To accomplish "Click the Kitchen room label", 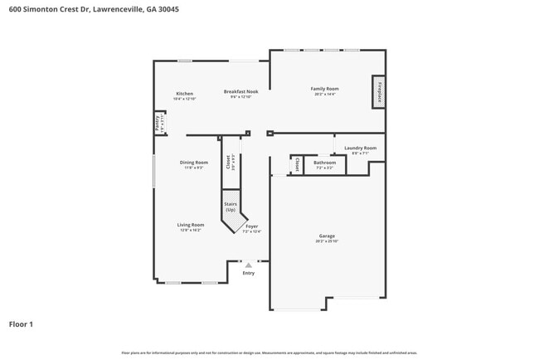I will (x=184, y=94).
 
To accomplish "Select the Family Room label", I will (x=324, y=89).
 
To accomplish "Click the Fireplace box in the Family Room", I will (x=379, y=91).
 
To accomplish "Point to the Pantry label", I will (x=158, y=122).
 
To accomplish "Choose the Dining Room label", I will (x=194, y=163).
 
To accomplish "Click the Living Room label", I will (x=191, y=225).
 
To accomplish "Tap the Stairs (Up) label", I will (x=230, y=206).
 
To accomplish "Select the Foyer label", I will (x=251, y=226).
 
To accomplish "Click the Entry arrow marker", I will (x=248, y=265).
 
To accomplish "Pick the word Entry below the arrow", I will (x=248, y=273).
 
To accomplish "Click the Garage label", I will (x=327, y=236).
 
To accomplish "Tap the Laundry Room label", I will (x=360, y=148).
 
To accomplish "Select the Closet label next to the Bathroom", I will (x=295, y=165).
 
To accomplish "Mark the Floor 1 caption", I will (x=21, y=324).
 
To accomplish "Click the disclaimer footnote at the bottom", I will (x=269, y=353).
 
